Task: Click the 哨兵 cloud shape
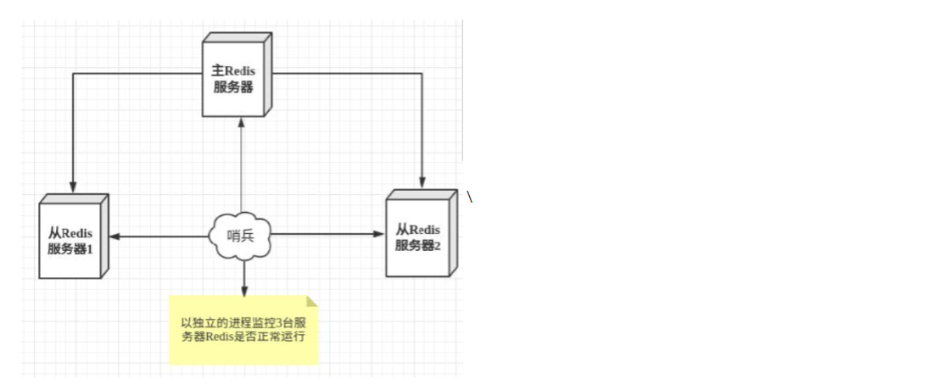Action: tap(241, 235)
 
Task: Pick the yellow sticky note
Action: tap(243, 331)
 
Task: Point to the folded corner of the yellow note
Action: tap(311, 301)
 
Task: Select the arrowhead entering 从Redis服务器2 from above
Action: tap(422, 181)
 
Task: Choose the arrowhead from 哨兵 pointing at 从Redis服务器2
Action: tap(380, 234)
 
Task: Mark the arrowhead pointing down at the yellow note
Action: tap(243, 291)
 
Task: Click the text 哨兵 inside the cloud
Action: tap(241, 236)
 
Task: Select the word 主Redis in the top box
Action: tap(233, 71)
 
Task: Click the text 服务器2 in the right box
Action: tap(417, 246)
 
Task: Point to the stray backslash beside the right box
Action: tap(469, 197)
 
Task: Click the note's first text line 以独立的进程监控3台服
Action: tap(243, 323)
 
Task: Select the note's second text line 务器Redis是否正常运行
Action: tap(243, 338)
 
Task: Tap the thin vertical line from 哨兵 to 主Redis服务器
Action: tap(242, 170)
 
